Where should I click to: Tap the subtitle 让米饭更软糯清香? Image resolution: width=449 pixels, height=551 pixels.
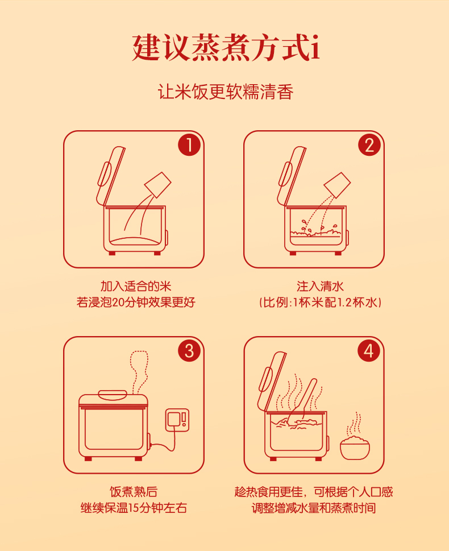point(225,92)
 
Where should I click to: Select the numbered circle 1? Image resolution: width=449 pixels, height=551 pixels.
point(189,145)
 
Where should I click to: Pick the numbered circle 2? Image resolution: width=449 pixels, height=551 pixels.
point(369,145)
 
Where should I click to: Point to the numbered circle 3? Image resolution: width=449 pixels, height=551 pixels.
point(189,350)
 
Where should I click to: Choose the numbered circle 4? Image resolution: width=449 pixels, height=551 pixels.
point(369,350)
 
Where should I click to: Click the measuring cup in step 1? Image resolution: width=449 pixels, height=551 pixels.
point(158,184)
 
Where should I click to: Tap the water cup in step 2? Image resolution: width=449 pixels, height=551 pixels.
point(337,184)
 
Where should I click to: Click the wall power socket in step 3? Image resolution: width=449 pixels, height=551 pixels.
point(177,420)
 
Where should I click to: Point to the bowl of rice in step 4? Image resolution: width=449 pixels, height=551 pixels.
point(355,448)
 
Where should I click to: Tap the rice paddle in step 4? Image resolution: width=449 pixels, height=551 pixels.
point(302,401)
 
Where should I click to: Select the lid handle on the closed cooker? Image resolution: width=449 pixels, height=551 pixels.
point(113,395)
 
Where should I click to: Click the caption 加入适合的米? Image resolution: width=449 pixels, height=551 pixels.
point(136,287)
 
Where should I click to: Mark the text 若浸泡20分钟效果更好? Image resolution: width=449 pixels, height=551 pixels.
point(136,302)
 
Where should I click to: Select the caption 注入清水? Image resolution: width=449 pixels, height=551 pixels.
point(320,287)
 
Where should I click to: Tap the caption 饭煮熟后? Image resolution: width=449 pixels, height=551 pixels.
point(134,492)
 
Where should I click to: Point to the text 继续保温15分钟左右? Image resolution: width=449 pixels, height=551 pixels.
point(134,508)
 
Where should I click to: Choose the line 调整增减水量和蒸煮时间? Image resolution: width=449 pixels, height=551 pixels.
point(313,508)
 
